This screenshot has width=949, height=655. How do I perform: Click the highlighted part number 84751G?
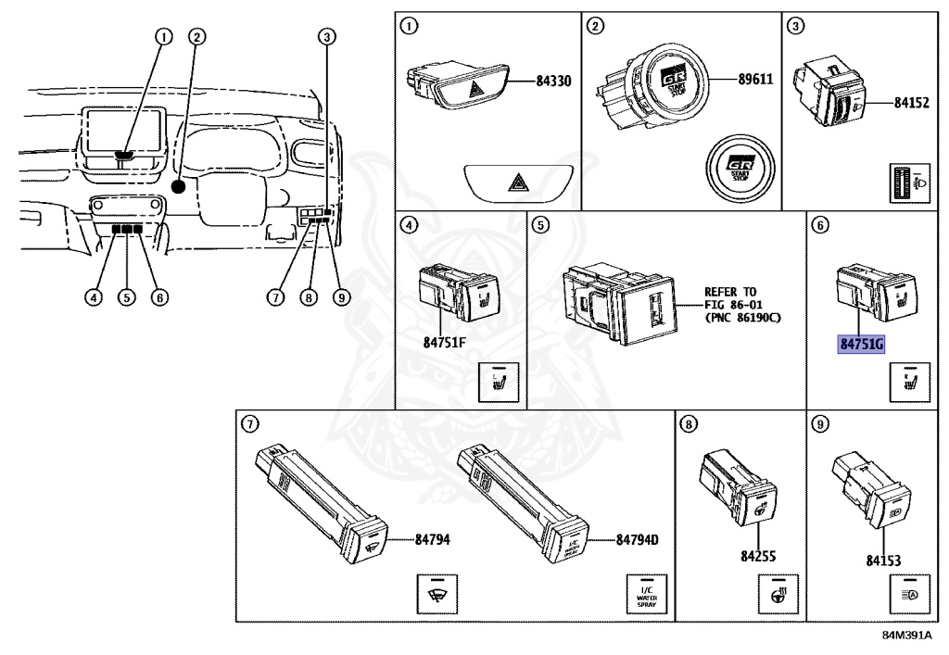pyautogui.click(x=862, y=345)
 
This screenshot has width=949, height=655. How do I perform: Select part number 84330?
pyautogui.click(x=553, y=82)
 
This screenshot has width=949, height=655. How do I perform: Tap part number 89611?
pyautogui.click(x=754, y=80)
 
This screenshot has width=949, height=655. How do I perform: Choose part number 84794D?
pyautogui.click(x=637, y=540)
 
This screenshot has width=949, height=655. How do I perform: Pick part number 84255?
pyautogui.click(x=757, y=557)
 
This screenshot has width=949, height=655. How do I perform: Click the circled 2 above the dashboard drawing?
pyautogui.click(x=196, y=37)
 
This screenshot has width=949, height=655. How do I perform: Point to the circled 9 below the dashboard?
pyautogui.click(x=342, y=297)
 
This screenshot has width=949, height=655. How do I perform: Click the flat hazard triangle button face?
pyautogui.click(x=515, y=183)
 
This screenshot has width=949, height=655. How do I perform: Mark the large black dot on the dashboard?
pyautogui.click(x=179, y=186)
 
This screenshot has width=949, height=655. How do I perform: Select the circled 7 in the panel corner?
pyautogui.click(x=249, y=425)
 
